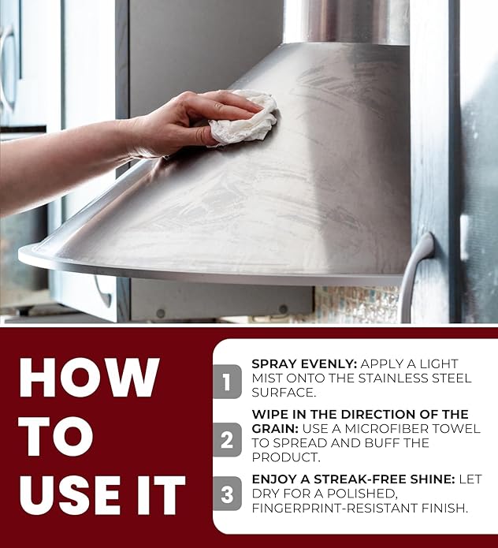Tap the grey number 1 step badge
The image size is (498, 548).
[x=227, y=382]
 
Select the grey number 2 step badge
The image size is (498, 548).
[x=227, y=440]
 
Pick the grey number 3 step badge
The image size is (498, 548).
[x=227, y=494]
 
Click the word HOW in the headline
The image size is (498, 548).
[x=89, y=378]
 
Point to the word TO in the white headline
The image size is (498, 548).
[x=56, y=436]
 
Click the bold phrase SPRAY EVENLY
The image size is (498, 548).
[x=304, y=363]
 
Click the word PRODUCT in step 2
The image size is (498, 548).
[x=286, y=457]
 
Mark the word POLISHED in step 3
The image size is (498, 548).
[x=362, y=494]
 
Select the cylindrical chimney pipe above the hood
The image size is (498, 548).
[x=346, y=21]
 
